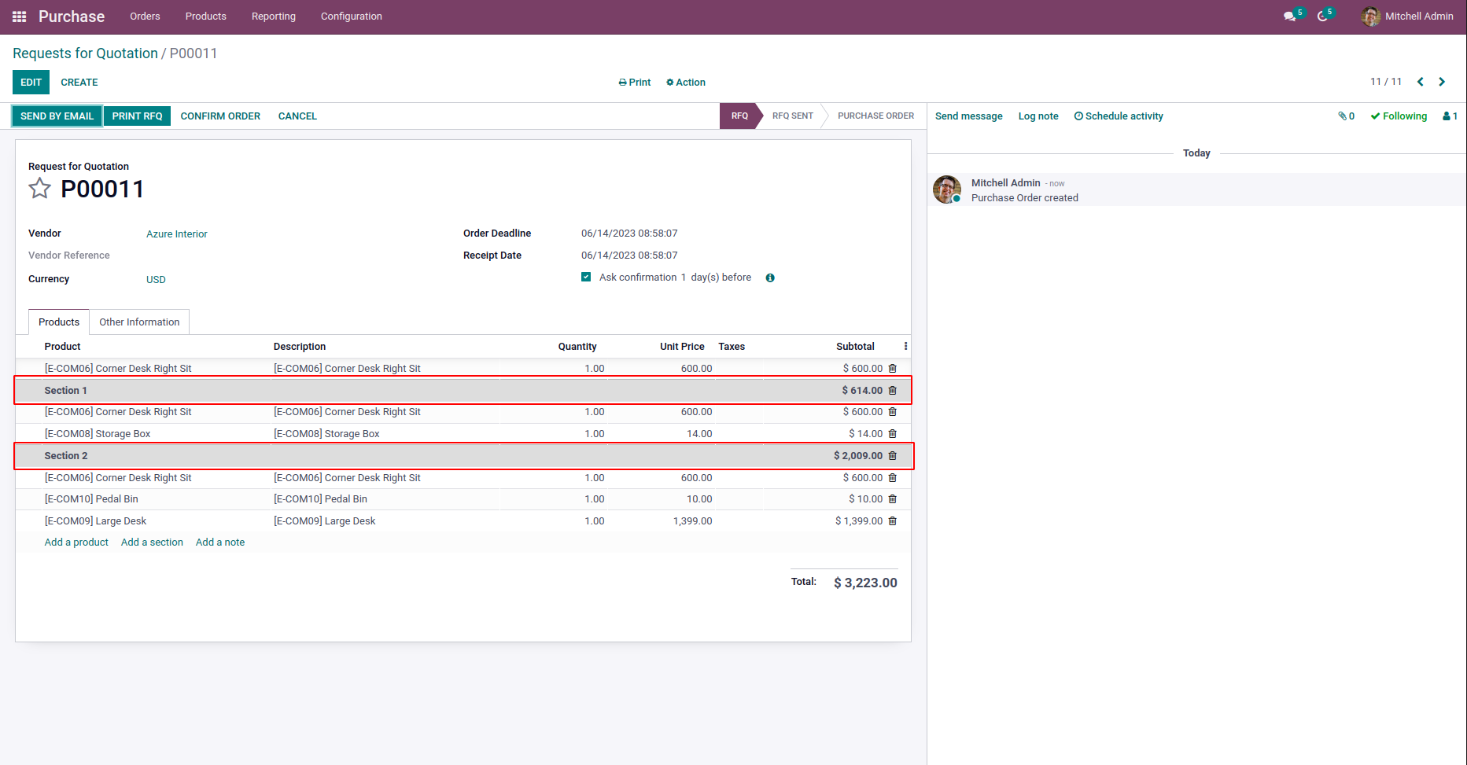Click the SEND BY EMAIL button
(57, 116)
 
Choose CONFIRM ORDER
(220, 116)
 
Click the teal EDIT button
(31, 83)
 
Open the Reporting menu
(274, 17)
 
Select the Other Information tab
(139, 322)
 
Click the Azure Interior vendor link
(177, 234)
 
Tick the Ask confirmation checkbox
(586, 277)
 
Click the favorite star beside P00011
(39, 189)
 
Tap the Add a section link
(152, 542)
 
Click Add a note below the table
(220, 542)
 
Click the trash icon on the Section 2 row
(892, 456)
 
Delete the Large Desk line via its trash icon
(892, 521)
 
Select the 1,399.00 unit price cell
(692, 521)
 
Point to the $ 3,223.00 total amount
(865, 583)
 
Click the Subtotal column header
(855, 347)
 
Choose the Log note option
(1038, 116)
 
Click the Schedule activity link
(1119, 116)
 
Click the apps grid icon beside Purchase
(20, 17)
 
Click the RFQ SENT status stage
(792, 116)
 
